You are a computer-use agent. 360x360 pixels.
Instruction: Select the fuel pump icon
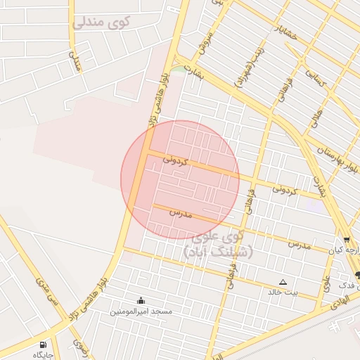click(x=44, y=345)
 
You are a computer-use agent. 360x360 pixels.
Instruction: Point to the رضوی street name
click(x=79, y=347)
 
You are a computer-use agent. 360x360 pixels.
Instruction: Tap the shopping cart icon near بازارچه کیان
click(x=347, y=240)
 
